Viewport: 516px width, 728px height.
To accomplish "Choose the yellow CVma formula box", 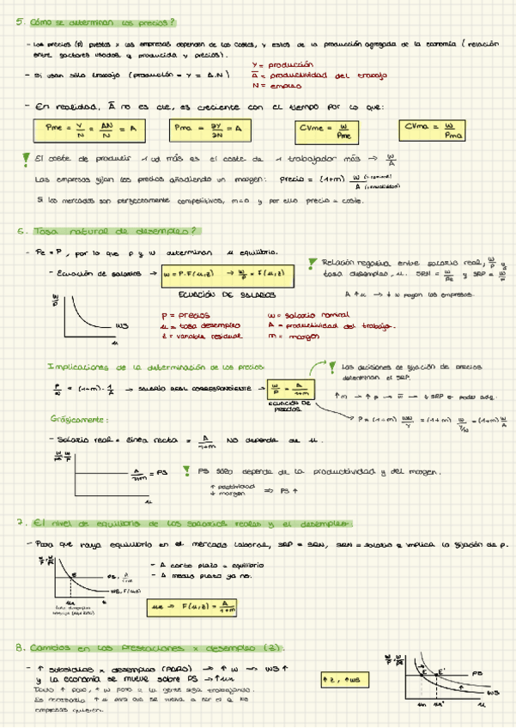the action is pyautogui.click(x=434, y=130).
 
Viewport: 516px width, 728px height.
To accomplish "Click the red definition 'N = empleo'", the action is pyautogui.click(x=274, y=86).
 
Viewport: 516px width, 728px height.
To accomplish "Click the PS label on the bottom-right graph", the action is pyautogui.click(x=477, y=673).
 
